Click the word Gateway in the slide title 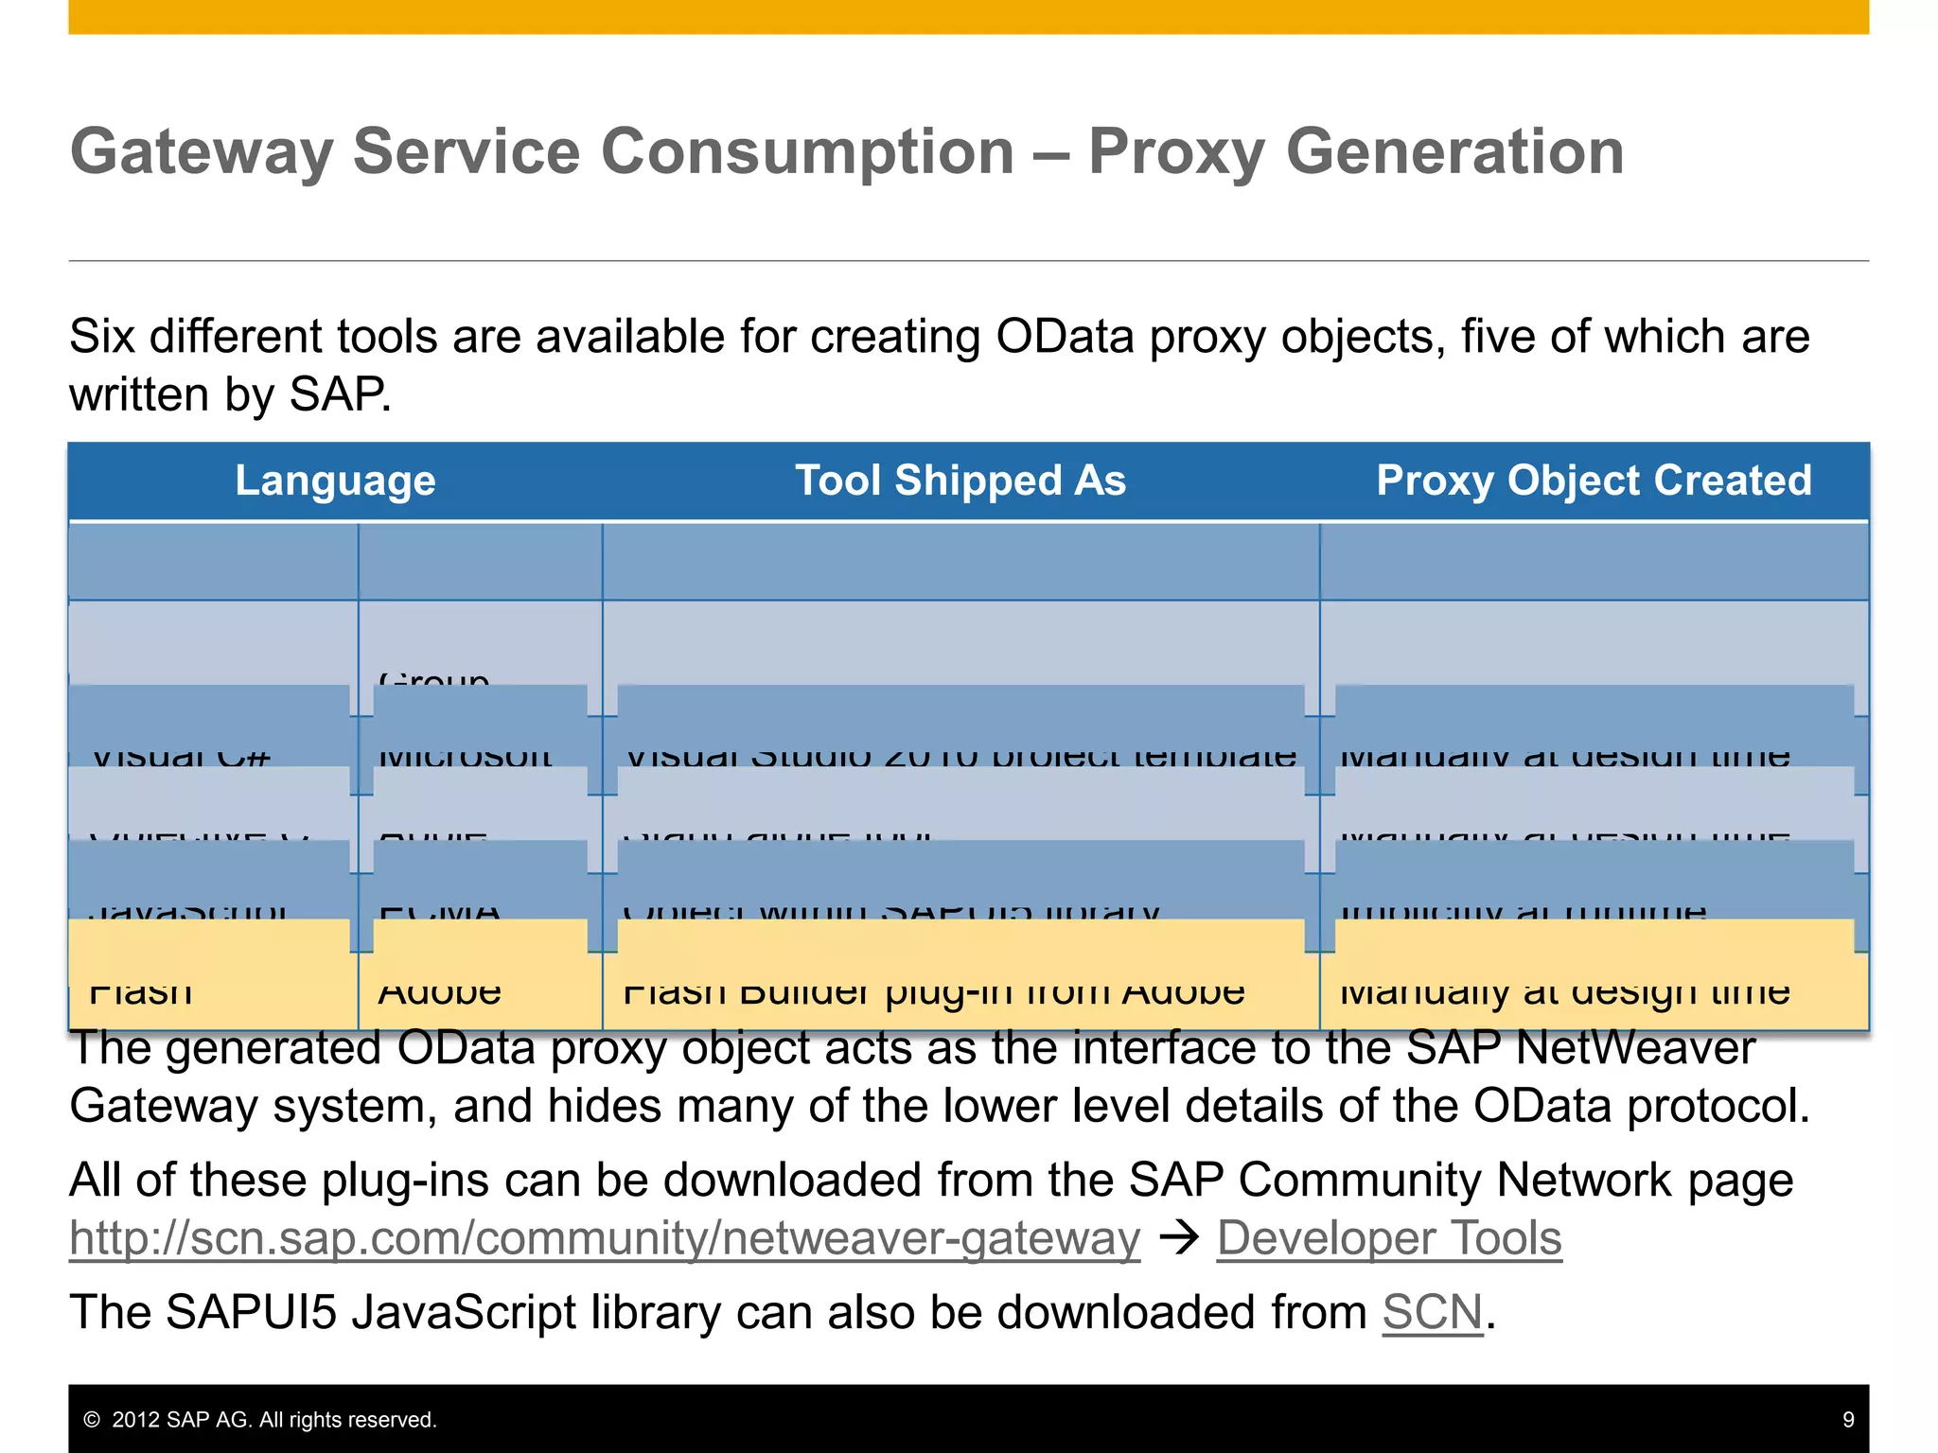[201, 152]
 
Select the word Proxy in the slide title [1175, 152]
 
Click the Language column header [335, 481]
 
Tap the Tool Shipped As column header [960, 481]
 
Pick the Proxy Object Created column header [1594, 481]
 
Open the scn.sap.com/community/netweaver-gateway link [605, 1238]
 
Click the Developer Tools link [1388, 1238]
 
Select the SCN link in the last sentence [1432, 1313]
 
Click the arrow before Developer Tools [1179, 1237]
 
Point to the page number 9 [1848, 1420]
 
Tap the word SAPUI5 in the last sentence [251, 1313]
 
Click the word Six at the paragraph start [101, 337]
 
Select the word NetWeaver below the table [1635, 1048]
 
